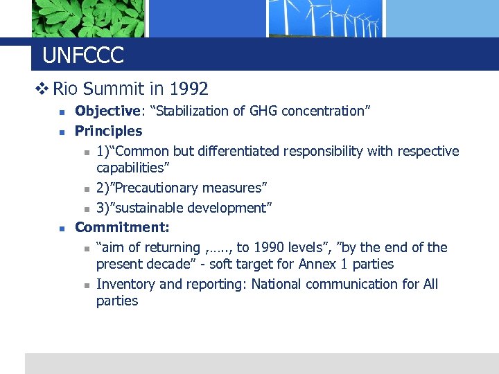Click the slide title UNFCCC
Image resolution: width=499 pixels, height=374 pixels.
pos(82,55)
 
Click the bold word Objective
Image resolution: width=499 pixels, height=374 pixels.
pos(107,111)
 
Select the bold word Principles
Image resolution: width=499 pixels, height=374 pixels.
pos(108,131)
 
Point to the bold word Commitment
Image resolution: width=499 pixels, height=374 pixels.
pos(121,227)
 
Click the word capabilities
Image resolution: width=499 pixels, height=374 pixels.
pos(133,168)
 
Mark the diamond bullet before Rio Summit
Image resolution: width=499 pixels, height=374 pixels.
pos(42,89)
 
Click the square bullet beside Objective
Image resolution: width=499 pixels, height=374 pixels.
pos(61,112)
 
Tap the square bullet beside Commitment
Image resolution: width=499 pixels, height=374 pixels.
pos(61,228)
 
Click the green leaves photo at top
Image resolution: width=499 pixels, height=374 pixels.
pos(88,18)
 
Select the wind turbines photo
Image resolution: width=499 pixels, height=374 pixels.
pos(326,18)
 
